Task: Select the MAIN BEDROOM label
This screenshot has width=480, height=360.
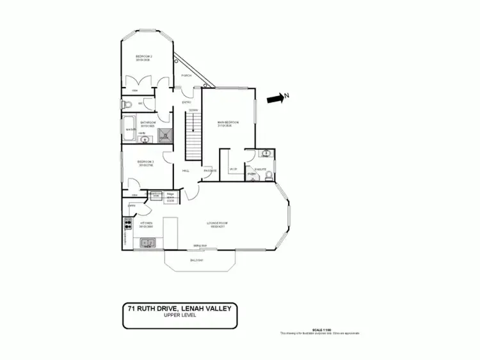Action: click(x=228, y=121)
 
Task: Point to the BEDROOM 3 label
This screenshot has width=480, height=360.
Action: click(x=145, y=162)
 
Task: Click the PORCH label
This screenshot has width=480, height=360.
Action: click(x=187, y=75)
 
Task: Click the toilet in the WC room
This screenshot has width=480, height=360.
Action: click(x=127, y=104)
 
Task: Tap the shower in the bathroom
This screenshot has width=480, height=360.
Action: click(x=165, y=134)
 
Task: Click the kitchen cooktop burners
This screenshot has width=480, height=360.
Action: click(x=125, y=224)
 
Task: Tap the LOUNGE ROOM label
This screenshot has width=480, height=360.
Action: click(x=218, y=223)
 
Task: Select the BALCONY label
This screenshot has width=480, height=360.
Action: click(x=196, y=260)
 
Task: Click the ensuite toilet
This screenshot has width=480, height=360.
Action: click(x=270, y=176)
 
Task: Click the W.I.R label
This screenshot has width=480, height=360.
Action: click(x=234, y=169)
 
